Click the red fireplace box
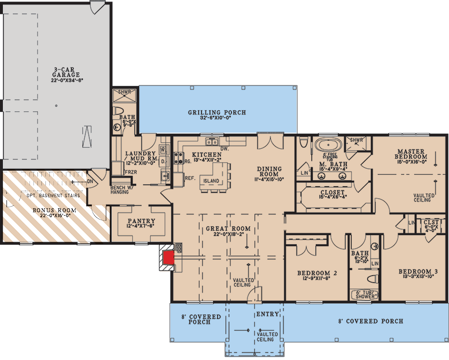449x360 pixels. (168, 258)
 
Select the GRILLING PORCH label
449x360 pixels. (217, 112)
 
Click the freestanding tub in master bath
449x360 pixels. (327, 146)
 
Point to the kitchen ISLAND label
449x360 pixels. (211, 181)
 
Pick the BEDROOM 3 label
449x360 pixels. (418, 272)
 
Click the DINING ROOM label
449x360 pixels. (269, 172)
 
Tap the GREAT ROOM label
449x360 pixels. (228, 229)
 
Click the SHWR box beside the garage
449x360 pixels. (121, 93)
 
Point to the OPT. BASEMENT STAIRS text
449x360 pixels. (53, 195)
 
